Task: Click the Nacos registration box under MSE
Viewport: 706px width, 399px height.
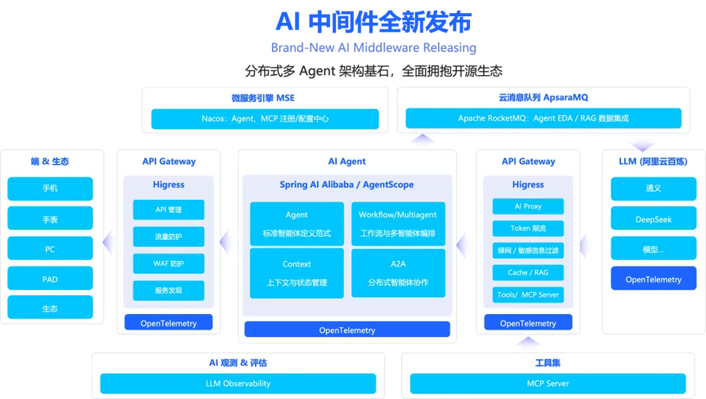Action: (265, 119)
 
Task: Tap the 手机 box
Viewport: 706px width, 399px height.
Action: (50, 188)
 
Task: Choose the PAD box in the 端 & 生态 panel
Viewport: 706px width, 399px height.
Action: (50, 278)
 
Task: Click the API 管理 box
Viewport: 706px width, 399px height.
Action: (168, 210)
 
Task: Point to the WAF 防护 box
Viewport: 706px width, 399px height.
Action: (168, 264)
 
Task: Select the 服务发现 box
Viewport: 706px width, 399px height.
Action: (168, 290)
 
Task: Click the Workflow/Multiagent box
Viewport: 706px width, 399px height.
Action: (398, 223)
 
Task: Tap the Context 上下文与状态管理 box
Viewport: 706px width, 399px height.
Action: (297, 273)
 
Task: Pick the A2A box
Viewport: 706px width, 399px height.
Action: (398, 273)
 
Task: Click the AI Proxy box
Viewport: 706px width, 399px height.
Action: (528, 206)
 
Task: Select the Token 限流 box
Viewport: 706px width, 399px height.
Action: (528, 228)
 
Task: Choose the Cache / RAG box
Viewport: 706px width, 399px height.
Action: (528, 273)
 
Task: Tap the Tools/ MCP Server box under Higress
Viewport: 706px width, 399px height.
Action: (528, 295)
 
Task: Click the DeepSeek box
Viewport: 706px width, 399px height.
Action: (653, 219)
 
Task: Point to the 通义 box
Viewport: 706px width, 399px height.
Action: (653, 188)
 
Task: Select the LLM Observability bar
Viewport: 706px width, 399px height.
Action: (238, 383)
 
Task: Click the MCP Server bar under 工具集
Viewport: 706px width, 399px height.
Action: (547, 383)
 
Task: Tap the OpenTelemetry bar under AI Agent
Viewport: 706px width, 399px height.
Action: (347, 330)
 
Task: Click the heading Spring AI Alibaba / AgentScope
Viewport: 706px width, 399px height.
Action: (347, 184)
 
